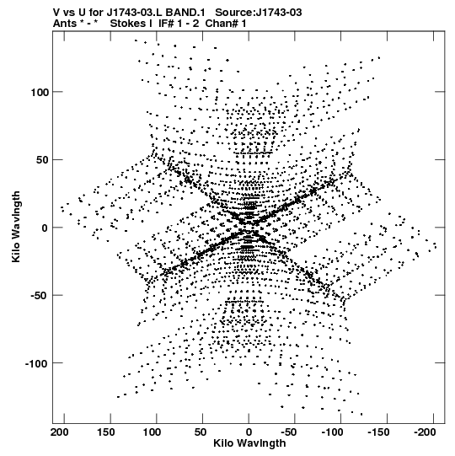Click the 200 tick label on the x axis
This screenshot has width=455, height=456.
tap(60, 432)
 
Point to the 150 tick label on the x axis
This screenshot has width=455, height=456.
tap(105, 432)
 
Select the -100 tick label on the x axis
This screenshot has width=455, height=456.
tap(333, 432)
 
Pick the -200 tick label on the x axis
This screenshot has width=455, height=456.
tap(425, 432)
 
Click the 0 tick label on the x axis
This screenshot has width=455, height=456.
tap(249, 432)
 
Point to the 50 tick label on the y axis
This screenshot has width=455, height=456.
tap(42, 160)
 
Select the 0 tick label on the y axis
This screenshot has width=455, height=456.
tap(45, 228)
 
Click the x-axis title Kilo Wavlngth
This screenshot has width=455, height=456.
tap(249, 443)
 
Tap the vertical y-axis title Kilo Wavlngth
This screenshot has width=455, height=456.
tap(16, 227)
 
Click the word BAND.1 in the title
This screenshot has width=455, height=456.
tap(185, 13)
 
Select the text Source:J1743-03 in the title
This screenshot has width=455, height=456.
tap(259, 13)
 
